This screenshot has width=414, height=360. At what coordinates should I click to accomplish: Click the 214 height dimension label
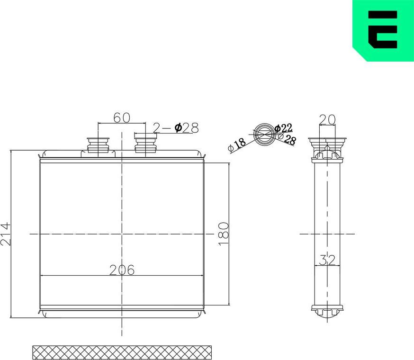(6, 234)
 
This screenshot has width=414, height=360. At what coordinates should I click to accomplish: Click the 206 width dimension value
(122, 270)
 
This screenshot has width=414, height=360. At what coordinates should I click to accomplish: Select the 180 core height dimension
(224, 233)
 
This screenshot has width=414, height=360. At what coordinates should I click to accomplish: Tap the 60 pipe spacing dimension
(122, 117)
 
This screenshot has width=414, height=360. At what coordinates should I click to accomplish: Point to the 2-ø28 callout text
(175, 127)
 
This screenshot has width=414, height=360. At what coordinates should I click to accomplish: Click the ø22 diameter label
(283, 127)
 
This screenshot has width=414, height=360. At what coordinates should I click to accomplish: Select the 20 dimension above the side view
(327, 119)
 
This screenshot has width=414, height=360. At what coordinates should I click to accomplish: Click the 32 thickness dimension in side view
(327, 260)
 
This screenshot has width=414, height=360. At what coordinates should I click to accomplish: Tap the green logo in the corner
(383, 30)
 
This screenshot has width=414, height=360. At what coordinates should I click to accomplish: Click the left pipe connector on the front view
(98, 145)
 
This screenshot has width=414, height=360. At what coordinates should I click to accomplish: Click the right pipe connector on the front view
(145, 144)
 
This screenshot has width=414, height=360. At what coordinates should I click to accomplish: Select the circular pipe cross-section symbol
(263, 134)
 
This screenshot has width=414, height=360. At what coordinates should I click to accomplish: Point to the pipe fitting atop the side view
(327, 144)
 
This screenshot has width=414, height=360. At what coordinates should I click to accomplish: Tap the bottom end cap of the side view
(327, 311)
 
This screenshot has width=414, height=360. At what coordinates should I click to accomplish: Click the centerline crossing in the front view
(122, 234)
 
